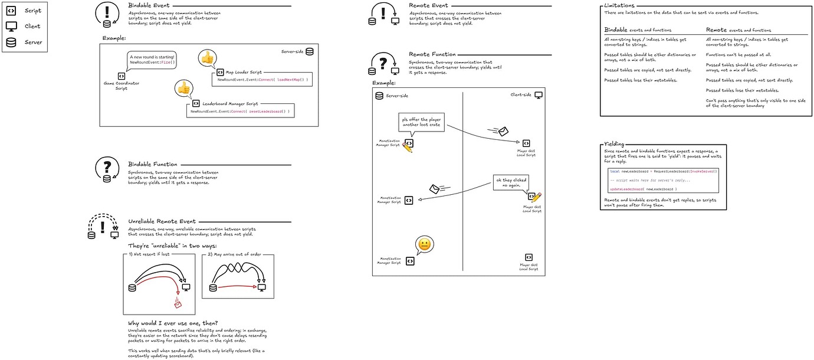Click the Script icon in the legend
click(x=11, y=11)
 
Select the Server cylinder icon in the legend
click(x=11, y=42)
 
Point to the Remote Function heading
click(x=432, y=54)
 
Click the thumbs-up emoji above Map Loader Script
click(x=207, y=57)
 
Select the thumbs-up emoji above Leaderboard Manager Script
click(x=183, y=89)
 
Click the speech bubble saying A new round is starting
click(x=152, y=60)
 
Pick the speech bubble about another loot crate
click(x=421, y=125)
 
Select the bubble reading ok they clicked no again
click(x=511, y=182)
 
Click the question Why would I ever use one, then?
click(x=172, y=323)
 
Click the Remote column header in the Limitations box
click(x=717, y=30)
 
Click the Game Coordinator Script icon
click(x=121, y=76)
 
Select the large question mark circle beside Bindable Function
click(x=107, y=168)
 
